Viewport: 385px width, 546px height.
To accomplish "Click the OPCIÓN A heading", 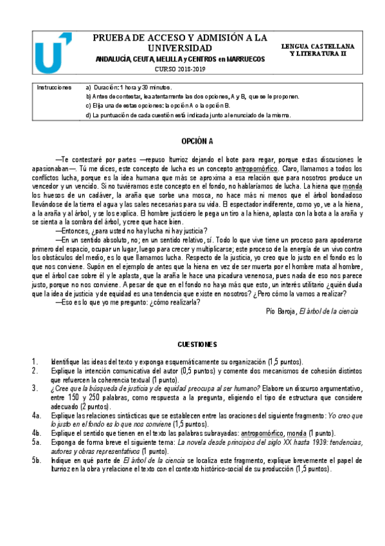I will (x=197, y=140).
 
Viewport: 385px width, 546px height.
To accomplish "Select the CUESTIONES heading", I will (x=197, y=344).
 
